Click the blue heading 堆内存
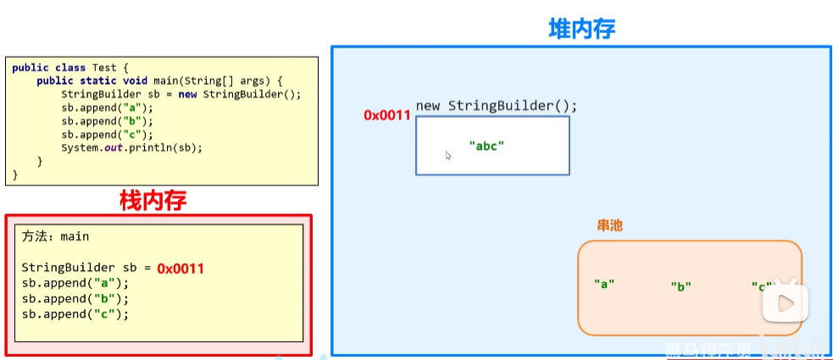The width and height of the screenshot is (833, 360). [581, 28]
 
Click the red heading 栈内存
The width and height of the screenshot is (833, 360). [153, 201]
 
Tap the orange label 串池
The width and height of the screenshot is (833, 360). [610, 226]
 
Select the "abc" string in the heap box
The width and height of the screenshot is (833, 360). [486, 146]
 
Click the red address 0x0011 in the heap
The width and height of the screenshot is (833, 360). [387, 115]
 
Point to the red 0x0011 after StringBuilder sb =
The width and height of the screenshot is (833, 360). [180, 268]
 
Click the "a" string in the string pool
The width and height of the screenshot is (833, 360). [604, 284]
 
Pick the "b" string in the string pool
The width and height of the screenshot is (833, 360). [680, 286]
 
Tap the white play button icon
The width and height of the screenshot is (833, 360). [785, 302]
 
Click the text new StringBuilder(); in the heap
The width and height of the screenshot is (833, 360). [496, 106]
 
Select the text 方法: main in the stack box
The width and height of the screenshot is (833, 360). [55, 236]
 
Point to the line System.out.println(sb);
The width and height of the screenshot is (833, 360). [132, 147]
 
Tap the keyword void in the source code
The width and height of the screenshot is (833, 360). [136, 80]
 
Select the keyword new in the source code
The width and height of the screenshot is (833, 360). [188, 94]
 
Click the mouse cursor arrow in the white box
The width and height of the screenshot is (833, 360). [448, 155]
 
